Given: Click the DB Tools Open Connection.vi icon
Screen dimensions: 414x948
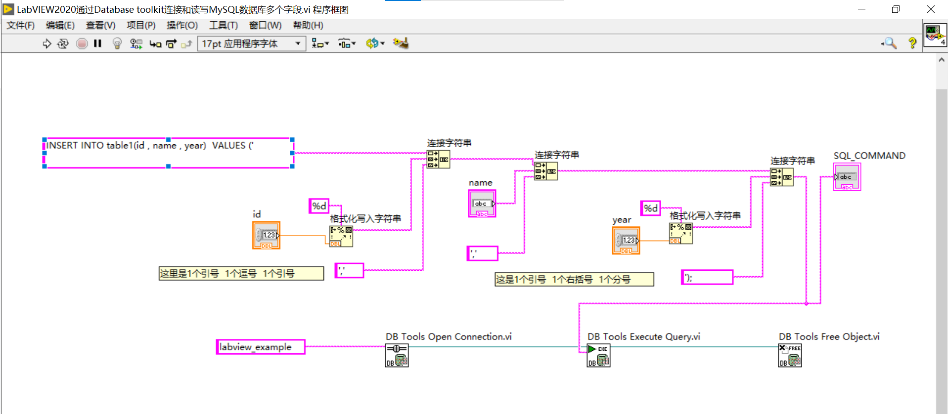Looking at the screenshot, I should coord(397,355).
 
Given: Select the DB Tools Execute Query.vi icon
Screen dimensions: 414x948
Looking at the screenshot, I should coord(598,355).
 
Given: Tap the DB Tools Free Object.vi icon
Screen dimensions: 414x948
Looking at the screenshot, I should coord(790,355).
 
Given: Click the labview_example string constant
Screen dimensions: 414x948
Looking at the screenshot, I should coord(261,347).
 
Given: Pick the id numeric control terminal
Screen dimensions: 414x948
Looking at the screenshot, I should coord(266,235).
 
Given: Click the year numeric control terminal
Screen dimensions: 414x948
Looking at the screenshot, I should coord(626,241).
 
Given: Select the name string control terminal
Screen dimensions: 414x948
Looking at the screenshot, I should coord(482,204).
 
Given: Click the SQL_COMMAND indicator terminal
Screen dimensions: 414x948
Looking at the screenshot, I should coord(847,177).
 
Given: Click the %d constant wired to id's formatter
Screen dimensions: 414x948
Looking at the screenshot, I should coord(319,206).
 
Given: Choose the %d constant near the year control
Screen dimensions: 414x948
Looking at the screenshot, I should coord(650,208).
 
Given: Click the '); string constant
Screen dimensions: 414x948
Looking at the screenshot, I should coord(707,277).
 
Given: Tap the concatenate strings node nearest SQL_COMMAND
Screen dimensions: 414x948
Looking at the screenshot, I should coord(781,177).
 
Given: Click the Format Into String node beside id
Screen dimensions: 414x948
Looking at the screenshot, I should coord(341,236).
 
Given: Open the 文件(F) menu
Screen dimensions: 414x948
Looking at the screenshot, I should coord(20,25).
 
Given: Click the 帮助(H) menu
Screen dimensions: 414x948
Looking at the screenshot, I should coord(308,25).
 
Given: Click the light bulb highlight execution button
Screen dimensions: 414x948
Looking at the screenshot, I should coord(117,43).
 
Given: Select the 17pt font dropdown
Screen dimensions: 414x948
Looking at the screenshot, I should coord(251,43).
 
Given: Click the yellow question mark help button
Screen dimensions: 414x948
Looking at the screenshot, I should coord(912,43).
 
